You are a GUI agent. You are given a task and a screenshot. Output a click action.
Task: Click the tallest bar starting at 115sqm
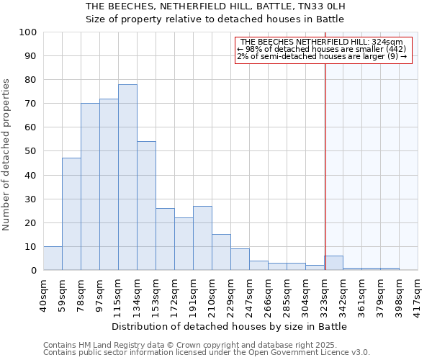point(127,177)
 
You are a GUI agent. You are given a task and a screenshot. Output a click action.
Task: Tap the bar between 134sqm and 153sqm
point(146,206)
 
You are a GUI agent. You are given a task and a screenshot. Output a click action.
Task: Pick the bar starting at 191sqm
point(202,238)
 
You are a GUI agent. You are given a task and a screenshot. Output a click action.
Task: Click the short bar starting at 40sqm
point(53,258)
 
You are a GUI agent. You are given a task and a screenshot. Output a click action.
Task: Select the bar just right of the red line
point(333,263)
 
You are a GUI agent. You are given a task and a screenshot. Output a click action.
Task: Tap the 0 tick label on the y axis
point(33,271)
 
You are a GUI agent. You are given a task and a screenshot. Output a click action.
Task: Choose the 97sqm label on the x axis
point(100,294)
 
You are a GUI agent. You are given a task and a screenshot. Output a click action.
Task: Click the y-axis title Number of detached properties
point(7,156)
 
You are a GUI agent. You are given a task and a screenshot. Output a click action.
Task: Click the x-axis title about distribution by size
point(230,327)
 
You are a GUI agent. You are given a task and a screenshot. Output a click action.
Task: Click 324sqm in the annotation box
point(389,42)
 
